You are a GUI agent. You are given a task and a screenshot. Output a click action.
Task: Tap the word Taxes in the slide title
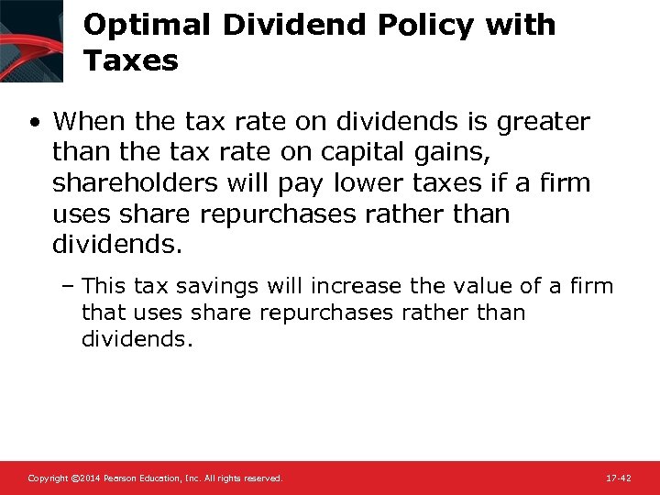tap(130, 61)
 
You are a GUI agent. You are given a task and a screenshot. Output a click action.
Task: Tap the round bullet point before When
tap(33, 122)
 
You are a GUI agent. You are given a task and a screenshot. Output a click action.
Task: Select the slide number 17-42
tap(618, 478)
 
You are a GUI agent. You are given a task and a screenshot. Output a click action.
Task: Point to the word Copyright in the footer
tap(47, 478)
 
